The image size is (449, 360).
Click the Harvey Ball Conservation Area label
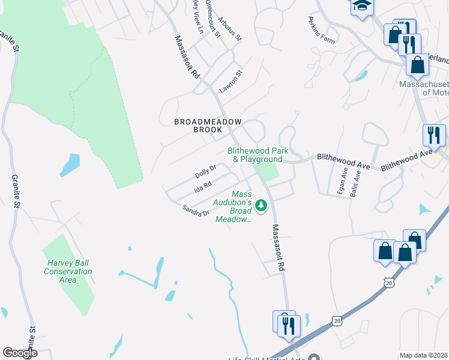click(68, 271)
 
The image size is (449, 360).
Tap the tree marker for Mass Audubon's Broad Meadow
click(261, 206)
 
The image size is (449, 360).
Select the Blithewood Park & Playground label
click(255, 155)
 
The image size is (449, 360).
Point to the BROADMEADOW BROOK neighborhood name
click(208, 125)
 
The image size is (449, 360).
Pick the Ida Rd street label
click(203, 188)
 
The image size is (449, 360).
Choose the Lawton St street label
click(231, 82)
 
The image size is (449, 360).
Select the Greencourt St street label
click(213, 18)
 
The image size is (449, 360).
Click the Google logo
click(20, 353)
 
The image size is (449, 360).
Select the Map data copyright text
click(423, 355)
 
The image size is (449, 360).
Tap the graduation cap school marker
click(362, 6)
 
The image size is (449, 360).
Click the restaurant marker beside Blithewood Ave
click(433, 136)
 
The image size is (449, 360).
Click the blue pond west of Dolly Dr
click(70, 165)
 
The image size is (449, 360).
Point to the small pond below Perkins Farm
click(361, 76)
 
